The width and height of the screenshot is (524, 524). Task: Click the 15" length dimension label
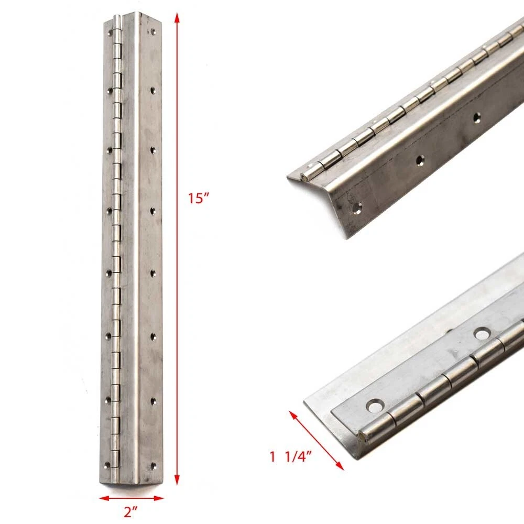(198, 198)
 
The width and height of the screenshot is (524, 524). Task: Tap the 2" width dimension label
(130, 511)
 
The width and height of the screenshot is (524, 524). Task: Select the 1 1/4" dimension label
(291, 457)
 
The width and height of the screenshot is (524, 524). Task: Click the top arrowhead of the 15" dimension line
(177, 18)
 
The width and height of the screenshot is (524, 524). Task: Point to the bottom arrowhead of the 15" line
(177, 481)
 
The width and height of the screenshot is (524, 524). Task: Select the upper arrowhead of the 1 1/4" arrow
(293, 415)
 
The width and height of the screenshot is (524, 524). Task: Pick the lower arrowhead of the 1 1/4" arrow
(340, 466)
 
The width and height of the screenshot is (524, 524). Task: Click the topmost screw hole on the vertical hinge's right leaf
(154, 32)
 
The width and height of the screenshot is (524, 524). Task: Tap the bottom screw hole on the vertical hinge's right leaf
(154, 465)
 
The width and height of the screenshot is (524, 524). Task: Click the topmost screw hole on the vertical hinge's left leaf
(110, 32)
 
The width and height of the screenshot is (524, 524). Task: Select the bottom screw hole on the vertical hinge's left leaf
(107, 464)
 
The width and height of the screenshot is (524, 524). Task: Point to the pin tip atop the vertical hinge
(116, 18)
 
